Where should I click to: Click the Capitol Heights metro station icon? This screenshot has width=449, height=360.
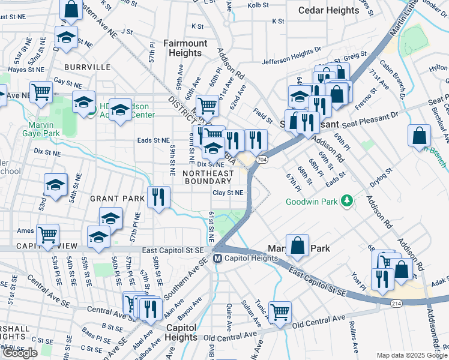(x=218, y=258)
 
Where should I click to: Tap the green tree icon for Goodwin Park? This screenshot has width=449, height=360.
(x=346, y=201)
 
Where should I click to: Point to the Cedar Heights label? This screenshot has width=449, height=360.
(x=329, y=10)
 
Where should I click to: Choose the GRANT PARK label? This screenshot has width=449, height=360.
(x=118, y=198)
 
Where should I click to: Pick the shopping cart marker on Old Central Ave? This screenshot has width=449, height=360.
(x=280, y=311)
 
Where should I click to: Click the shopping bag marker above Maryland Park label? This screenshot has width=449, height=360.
(x=297, y=244)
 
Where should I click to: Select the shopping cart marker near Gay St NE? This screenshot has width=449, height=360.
(x=41, y=92)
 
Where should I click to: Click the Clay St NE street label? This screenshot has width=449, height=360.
(x=228, y=193)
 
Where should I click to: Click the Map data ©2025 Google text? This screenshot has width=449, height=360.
(x=411, y=355)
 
